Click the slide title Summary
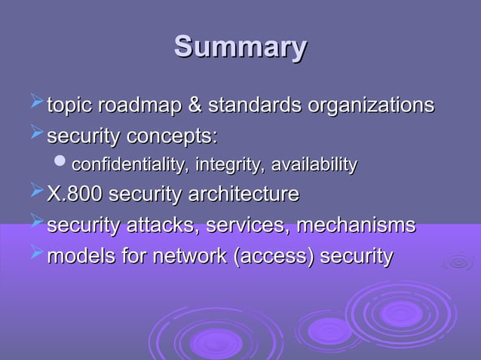(240, 47)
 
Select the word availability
(314, 165)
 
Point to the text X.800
(75, 194)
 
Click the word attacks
(155, 225)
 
